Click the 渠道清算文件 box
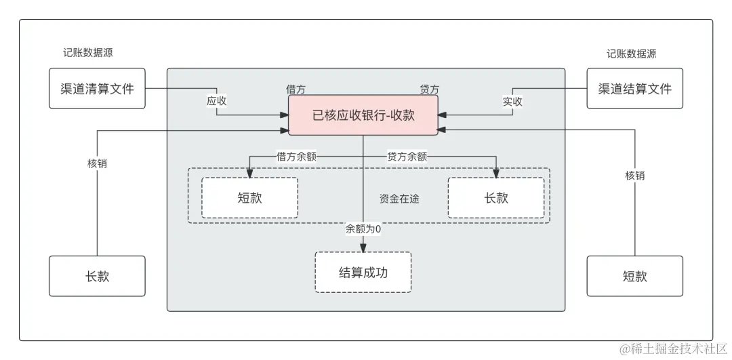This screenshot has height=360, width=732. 97,88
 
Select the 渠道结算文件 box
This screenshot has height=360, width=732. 634,88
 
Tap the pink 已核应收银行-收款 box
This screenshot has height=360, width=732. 363,115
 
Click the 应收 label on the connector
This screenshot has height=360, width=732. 217,101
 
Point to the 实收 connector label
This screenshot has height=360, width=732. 512,101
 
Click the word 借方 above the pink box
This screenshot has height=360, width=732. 296,89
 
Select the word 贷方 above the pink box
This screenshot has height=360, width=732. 430,89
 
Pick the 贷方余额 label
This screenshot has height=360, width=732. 407,156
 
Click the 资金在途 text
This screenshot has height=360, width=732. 400,199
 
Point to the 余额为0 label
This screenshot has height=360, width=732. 363,228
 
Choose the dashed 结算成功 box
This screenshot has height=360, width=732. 363,272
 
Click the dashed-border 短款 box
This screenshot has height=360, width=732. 249,198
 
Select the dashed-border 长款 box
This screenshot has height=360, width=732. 496,198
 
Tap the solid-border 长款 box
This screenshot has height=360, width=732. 97,276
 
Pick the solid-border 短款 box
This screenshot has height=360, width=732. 634,276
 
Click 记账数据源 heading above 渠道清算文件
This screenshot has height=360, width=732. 88,54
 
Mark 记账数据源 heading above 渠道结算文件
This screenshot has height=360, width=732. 632,54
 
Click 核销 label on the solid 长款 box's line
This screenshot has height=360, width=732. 98,163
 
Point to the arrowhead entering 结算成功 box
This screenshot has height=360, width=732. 363,247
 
